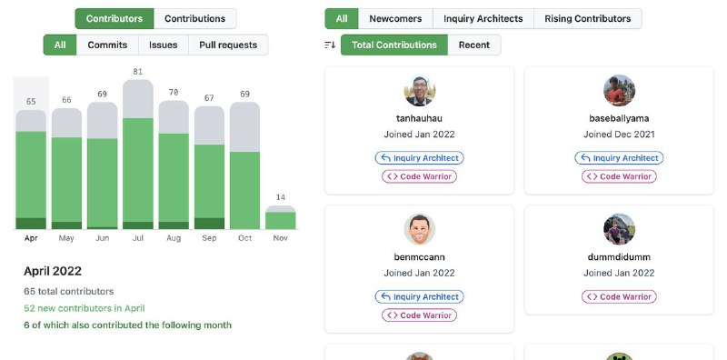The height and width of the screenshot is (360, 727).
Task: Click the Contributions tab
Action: click(194, 19)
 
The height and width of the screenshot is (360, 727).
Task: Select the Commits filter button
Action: click(107, 45)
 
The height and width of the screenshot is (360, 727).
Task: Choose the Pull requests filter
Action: click(228, 45)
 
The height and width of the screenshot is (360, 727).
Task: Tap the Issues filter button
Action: click(164, 45)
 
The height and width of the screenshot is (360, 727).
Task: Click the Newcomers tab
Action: click(395, 19)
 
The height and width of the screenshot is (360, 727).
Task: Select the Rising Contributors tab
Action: click(587, 19)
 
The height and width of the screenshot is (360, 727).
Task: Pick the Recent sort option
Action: click(473, 45)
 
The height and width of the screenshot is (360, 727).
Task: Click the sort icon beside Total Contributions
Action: click(330, 45)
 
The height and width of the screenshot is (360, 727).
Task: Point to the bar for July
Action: click(138, 155)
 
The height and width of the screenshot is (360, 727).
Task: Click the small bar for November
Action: click(281, 217)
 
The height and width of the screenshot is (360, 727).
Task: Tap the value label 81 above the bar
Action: click(138, 72)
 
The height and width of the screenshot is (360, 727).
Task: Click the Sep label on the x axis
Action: click(209, 238)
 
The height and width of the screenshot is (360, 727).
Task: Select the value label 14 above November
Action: click(281, 197)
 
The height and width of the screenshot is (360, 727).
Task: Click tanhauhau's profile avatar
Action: click(420, 91)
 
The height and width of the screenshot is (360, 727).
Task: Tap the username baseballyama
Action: click(619, 118)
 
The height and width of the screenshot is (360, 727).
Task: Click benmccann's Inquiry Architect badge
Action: click(419, 297)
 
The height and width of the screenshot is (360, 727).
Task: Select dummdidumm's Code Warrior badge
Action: click(619, 297)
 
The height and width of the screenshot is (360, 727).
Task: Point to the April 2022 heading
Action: click(53, 272)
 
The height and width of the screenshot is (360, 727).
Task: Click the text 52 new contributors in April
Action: click(84, 308)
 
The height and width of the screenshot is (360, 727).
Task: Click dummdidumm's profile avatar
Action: click(619, 229)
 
